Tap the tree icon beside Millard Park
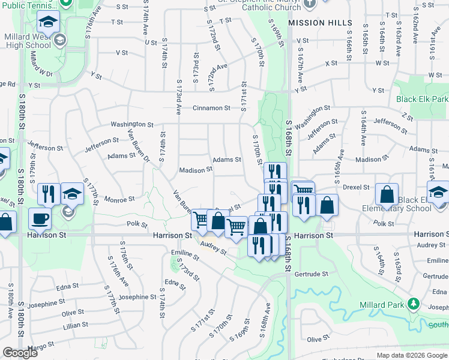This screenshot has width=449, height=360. point(412,304)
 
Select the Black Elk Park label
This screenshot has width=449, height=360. point(422,99)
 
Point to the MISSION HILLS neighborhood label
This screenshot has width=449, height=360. point(320,22)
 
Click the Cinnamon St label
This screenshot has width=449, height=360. point(211,108)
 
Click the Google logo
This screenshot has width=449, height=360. point(20,353)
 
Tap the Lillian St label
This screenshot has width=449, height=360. point(76,325)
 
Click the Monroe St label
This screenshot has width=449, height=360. point(120,199)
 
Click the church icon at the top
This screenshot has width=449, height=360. point(310,4)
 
